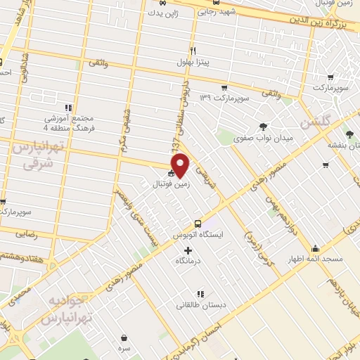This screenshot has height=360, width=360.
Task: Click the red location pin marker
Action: pos(181,165)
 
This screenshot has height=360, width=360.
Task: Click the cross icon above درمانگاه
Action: pos(187,250)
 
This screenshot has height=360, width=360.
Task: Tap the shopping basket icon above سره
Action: pos(124,338)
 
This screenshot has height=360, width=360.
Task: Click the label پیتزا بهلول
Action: pos(193,62)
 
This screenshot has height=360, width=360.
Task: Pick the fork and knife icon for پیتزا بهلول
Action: pos(193,51)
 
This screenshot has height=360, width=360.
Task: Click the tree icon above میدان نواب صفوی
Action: pos(263,127)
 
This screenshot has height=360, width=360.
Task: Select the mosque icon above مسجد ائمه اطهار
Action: pos(316,248)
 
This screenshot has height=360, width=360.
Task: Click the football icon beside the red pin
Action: pos(171,173)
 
